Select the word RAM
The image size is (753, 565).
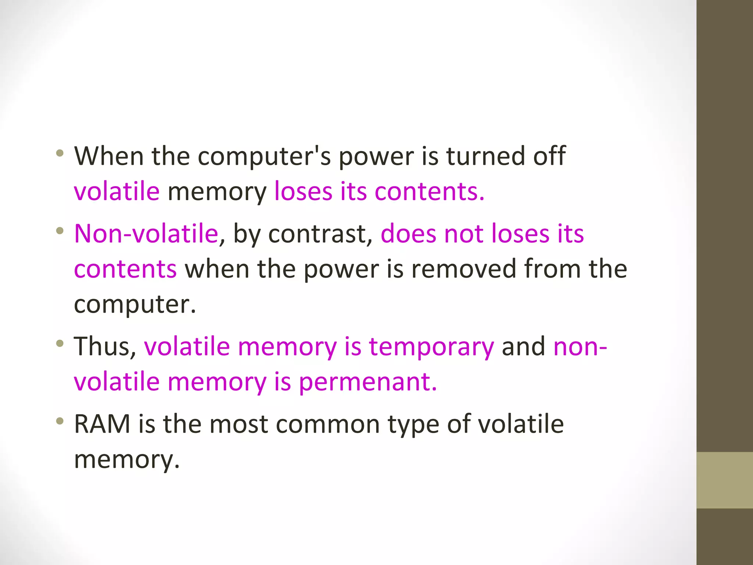click(x=102, y=424)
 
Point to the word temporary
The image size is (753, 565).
click(x=431, y=347)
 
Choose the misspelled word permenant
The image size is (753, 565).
click(x=367, y=381)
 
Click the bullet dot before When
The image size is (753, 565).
click(x=60, y=153)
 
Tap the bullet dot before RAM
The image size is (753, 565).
click(x=60, y=420)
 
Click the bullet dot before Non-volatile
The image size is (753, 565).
click(x=60, y=231)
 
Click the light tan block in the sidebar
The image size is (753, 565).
click(x=724, y=480)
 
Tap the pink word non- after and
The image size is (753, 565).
click(x=580, y=347)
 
